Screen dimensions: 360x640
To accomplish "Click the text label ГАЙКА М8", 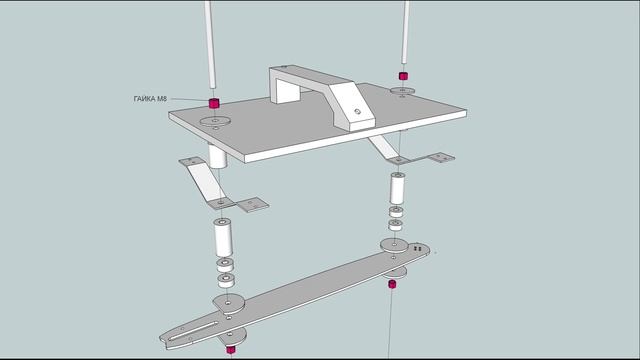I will click(150, 98).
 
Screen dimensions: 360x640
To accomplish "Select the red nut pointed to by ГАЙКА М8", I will click(213, 103).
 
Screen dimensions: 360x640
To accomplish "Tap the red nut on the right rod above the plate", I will click(402, 76).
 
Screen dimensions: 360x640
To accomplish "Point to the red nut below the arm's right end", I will click(392, 285).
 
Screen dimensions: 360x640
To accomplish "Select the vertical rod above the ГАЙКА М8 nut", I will click(210, 45).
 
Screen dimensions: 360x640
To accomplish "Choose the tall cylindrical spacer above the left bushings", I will click(223, 238).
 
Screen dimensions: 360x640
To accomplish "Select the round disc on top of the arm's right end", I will click(392, 245).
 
